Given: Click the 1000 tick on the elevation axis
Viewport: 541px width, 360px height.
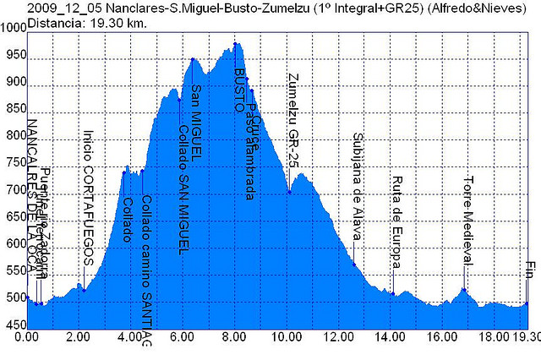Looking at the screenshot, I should (14, 28).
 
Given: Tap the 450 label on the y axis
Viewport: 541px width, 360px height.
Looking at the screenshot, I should (14, 325).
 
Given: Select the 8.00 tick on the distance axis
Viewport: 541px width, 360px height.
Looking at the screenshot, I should (234, 336).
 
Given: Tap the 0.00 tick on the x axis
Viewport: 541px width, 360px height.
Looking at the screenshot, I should (29, 336).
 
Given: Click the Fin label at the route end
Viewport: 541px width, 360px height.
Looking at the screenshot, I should (528, 270).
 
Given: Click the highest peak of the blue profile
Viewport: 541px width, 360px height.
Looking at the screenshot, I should (235, 43).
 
